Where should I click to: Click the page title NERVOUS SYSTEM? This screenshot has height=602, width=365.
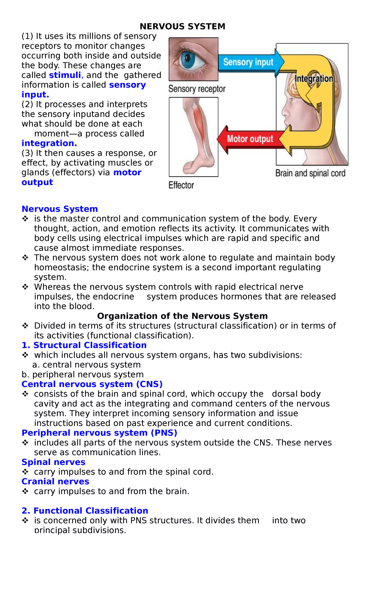(x=182, y=27)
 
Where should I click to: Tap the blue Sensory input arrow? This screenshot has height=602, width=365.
(x=248, y=62)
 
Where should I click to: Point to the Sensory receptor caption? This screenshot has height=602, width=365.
(x=197, y=89)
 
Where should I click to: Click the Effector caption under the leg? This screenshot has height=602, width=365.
(x=181, y=185)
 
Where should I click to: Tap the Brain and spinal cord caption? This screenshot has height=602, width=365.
(x=310, y=173)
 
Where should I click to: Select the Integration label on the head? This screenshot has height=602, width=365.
(x=314, y=79)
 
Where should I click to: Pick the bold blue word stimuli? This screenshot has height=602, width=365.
(x=65, y=75)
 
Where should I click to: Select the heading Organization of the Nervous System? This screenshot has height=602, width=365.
(x=182, y=316)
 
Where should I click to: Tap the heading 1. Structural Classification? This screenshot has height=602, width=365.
(x=84, y=345)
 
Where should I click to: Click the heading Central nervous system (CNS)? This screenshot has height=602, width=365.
(x=92, y=384)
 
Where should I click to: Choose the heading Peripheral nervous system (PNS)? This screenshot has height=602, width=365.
(x=99, y=433)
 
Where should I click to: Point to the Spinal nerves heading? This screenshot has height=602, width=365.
(x=54, y=462)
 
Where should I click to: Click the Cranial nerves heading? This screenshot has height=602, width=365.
(x=55, y=482)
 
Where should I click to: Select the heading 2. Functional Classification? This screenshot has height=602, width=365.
(x=85, y=511)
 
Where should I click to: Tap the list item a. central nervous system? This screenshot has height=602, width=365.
(x=86, y=365)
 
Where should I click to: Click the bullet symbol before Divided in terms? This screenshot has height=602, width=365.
(x=25, y=326)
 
